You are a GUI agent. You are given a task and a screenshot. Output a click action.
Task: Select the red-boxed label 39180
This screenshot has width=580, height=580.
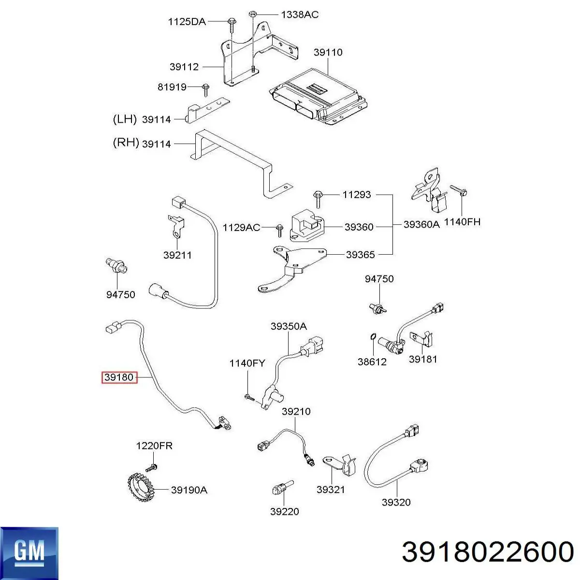(x=119, y=377)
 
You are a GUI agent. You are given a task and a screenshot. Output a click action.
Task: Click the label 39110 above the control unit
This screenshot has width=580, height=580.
(x=328, y=52)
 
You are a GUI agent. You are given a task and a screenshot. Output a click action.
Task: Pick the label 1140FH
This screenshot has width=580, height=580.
(x=462, y=222)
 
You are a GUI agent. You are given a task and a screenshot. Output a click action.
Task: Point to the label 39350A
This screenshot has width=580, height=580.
(x=288, y=326)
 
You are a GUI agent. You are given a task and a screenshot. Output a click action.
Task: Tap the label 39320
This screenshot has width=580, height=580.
(x=396, y=502)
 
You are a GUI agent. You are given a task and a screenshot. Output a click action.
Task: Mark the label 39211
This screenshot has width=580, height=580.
(x=177, y=255)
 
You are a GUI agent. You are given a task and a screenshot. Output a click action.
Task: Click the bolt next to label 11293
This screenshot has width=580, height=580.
(x=319, y=195)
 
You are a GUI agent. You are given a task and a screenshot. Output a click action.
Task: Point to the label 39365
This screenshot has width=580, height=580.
(x=360, y=254)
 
